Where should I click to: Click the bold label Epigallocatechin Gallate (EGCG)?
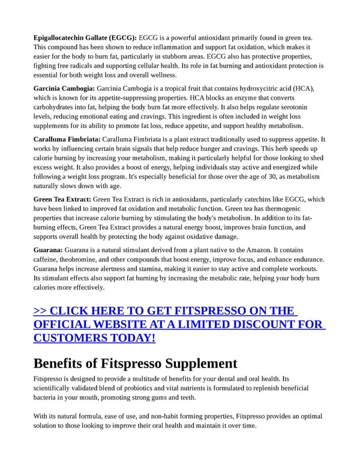[85, 38]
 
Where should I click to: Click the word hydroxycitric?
[246, 88]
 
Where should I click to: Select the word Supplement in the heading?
[201, 363]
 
